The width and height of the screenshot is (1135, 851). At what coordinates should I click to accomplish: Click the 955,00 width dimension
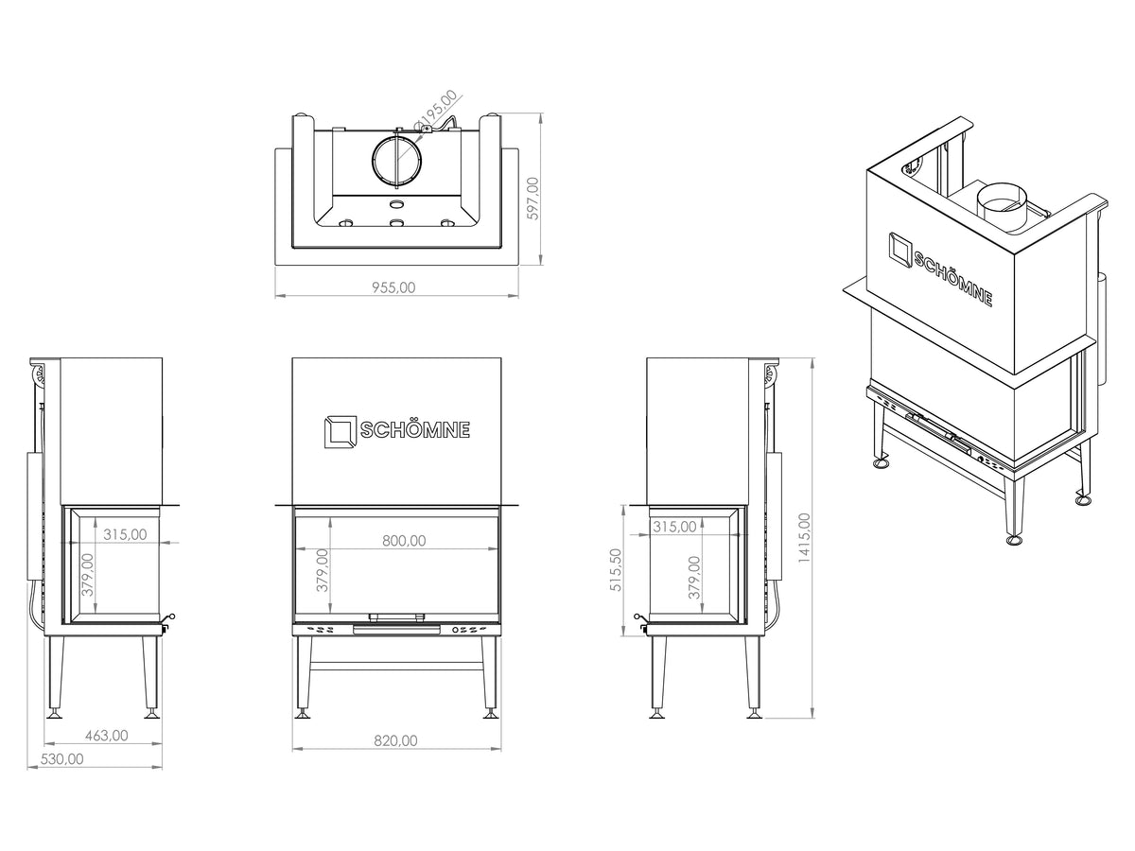click(x=393, y=287)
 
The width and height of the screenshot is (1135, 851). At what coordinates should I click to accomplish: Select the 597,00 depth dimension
click(x=533, y=199)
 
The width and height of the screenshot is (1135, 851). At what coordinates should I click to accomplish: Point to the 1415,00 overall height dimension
click(x=805, y=538)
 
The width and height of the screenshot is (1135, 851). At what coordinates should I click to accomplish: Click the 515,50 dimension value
click(x=616, y=570)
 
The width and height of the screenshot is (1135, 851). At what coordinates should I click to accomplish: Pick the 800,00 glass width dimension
click(x=404, y=541)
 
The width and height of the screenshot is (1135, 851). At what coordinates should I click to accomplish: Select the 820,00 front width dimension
click(x=395, y=741)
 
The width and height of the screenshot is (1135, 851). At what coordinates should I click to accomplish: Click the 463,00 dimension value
click(x=106, y=736)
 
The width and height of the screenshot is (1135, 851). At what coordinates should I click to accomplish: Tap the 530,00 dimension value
click(x=61, y=759)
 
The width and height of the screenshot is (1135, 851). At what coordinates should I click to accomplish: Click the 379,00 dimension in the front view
click(x=322, y=570)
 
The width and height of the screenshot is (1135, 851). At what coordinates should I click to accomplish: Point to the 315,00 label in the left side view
click(x=125, y=534)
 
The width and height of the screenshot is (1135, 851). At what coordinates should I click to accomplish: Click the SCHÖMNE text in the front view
click(x=414, y=430)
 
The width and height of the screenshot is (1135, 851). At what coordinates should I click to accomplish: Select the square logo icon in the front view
click(x=340, y=431)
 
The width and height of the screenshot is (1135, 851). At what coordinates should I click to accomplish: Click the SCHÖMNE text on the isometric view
click(x=953, y=279)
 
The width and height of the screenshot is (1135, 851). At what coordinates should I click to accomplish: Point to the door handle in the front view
click(x=396, y=617)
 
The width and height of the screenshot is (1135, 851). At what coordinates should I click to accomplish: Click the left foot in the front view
click(x=303, y=715)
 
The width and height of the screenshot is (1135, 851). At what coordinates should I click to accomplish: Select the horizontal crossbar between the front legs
click(x=396, y=666)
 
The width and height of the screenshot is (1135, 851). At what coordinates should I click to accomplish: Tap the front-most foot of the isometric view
click(x=1015, y=540)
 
